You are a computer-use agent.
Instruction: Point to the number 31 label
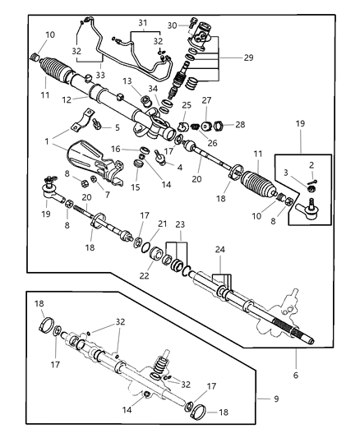(142, 23)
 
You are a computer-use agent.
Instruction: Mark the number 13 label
(127, 82)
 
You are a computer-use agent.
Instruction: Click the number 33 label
(100, 75)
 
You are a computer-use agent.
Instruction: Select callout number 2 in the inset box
(312, 165)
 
